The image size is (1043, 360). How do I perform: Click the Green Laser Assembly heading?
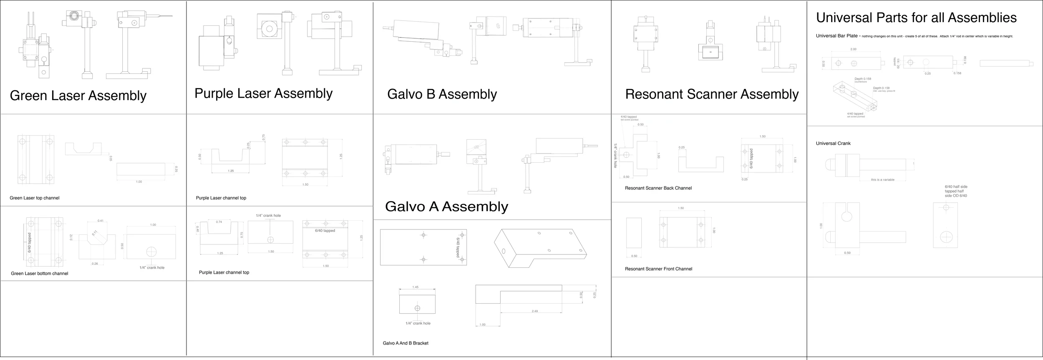78,96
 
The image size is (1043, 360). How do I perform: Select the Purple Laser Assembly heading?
263,93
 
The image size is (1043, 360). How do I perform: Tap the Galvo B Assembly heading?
442,94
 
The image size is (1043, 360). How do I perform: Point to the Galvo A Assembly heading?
446,206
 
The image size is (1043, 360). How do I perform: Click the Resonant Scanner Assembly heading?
712,94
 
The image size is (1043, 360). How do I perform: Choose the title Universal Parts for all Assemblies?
916,18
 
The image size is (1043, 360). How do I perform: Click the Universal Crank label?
833,143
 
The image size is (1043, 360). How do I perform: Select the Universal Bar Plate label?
836,36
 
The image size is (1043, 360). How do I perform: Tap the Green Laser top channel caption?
35,198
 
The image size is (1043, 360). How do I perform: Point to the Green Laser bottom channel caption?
40,274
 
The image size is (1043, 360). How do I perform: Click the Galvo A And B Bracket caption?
406,343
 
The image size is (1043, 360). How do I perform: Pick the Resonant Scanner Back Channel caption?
658,188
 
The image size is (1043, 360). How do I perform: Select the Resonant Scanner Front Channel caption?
658,269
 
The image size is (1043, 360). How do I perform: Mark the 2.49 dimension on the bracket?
535,311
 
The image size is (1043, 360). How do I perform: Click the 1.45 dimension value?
415,287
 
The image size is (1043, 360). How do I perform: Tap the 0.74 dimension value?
219,222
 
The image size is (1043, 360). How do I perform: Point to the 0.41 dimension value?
101,221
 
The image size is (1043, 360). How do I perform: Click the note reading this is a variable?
882,180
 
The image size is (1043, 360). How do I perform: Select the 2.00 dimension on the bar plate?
853,49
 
